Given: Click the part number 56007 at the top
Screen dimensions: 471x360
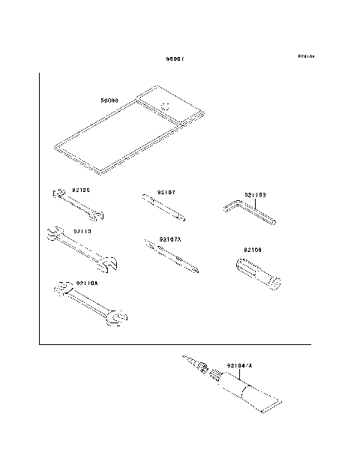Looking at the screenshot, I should (x=175, y=59).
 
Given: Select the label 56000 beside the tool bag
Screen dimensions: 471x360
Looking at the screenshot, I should (x=110, y=99).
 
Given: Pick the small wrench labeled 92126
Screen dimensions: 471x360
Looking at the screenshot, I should (x=78, y=205).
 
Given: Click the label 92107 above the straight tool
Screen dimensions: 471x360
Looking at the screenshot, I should (x=166, y=192).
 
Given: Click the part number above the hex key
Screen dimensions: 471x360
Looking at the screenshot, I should (x=256, y=195).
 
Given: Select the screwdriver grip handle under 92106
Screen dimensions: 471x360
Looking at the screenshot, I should (x=255, y=273).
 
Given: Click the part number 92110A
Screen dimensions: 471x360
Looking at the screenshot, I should (x=87, y=282).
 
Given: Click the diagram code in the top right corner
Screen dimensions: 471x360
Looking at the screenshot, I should (x=305, y=57).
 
